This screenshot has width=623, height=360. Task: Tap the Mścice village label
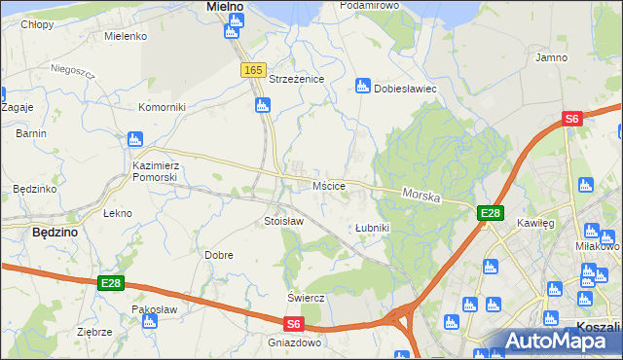[328, 185]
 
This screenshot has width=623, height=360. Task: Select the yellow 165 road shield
[253, 70]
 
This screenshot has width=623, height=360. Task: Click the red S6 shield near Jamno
[571, 119]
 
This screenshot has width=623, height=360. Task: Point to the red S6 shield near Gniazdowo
[294, 325]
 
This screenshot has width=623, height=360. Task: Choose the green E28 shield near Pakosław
[111, 283]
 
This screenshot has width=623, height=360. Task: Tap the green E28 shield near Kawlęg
[490, 214]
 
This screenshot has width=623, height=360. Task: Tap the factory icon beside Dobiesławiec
[363, 87]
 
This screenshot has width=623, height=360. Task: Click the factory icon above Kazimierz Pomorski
[135, 141]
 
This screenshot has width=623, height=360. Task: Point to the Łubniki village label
[372, 228]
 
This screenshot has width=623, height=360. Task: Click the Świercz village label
[305, 297]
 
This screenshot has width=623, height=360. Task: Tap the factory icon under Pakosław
[149, 322]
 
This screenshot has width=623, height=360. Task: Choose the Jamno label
[551, 57]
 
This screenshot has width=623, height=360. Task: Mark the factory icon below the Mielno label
[232, 31]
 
